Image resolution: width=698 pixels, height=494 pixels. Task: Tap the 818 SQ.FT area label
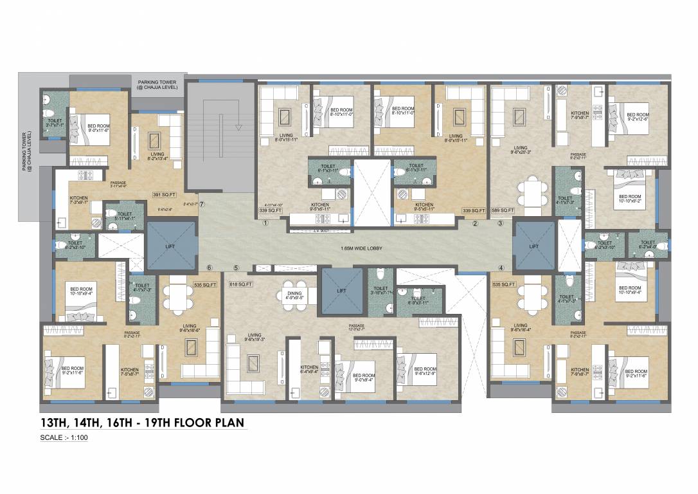point(240,284)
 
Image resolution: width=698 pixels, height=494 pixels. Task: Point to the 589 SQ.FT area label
point(503,210)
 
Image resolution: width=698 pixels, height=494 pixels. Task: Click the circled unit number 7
point(202,204)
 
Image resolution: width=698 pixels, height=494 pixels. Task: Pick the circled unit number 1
point(265,224)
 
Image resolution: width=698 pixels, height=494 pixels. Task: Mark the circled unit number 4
point(501,268)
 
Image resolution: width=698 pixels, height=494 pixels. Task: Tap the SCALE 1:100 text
point(64,438)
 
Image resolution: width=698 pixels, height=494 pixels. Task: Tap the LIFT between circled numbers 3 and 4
point(534,246)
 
